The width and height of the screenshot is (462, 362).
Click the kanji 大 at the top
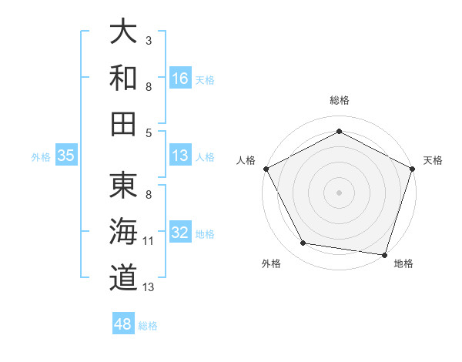pyautogui.click(x=124, y=32)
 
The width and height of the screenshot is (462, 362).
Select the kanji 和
pyautogui.click(x=124, y=78)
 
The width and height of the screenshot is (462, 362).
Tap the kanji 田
pyautogui.click(x=124, y=123)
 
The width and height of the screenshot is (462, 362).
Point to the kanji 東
pyautogui.click(x=124, y=186)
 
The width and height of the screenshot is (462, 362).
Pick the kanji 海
pyautogui.click(x=124, y=231)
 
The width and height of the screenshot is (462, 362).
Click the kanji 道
pyautogui.click(x=124, y=277)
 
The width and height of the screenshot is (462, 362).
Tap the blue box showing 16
pyautogui.click(x=180, y=78)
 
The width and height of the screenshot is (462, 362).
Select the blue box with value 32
pyautogui.click(x=180, y=232)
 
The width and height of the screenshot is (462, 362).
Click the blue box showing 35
pyautogui.click(x=66, y=155)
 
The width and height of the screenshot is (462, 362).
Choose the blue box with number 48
pyautogui.click(x=123, y=324)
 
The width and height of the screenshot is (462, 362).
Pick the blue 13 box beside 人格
pyautogui.click(x=180, y=155)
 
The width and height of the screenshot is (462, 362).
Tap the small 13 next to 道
pyautogui.click(x=149, y=287)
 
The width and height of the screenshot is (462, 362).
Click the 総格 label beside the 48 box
pyautogui.click(x=148, y=326)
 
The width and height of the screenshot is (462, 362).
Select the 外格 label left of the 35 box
pyautogui.click(x=41, y=156)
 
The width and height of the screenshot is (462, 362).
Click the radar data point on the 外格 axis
pyautogui.click(x=303, y=243)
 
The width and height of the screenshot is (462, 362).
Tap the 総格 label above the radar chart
pyautogui.click(x=339, y=100)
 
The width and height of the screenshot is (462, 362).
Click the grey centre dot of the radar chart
pyautogui.click(x=339, y=192)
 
